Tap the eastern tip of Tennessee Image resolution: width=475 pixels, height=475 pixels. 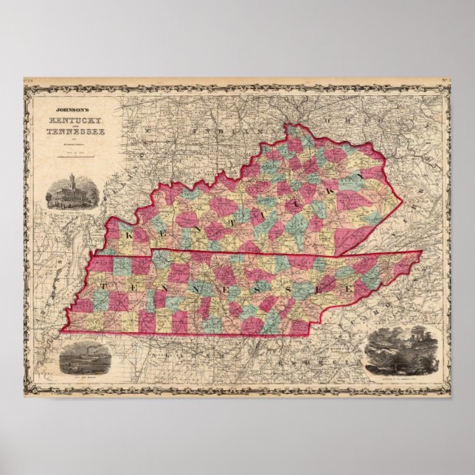point(422,252)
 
